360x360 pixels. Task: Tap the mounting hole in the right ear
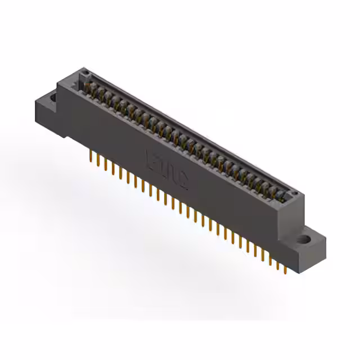[x=304, y=239]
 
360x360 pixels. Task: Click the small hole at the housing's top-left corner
[x=85, y=73]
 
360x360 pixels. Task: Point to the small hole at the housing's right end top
[x=292, y=193]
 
